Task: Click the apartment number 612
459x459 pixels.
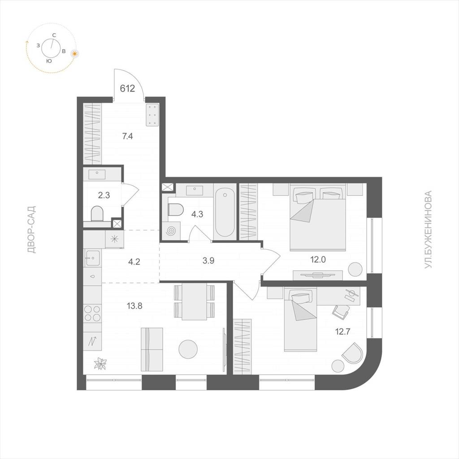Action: (128, 88)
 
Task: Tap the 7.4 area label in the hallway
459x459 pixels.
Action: (128, 136)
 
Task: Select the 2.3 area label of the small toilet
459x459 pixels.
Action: (104, 195)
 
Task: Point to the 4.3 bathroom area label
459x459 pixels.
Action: (197, 214)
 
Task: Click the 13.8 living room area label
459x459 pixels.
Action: (134, 306)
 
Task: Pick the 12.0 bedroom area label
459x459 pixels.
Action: (318, 260)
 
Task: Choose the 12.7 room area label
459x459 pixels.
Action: (343, 332)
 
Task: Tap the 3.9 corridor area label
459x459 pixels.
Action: (208, 260)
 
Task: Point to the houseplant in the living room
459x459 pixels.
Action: (100, 364)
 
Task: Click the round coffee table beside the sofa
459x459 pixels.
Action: (188, 349)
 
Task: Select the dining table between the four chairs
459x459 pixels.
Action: (195, 302)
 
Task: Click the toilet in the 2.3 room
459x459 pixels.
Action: (97, 213)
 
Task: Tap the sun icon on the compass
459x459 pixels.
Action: (75, 54)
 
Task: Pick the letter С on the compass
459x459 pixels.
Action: (54, 35)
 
